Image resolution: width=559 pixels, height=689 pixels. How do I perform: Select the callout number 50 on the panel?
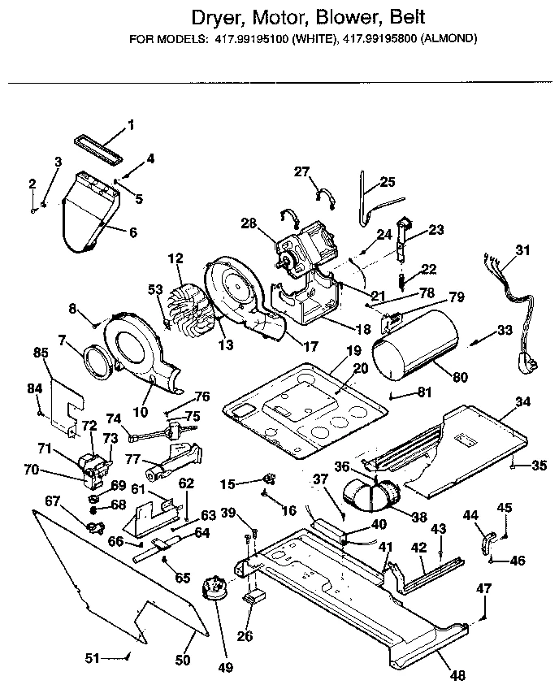click(x=183, y=659)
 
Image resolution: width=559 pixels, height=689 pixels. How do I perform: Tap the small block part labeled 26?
click(x=257, y=599)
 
